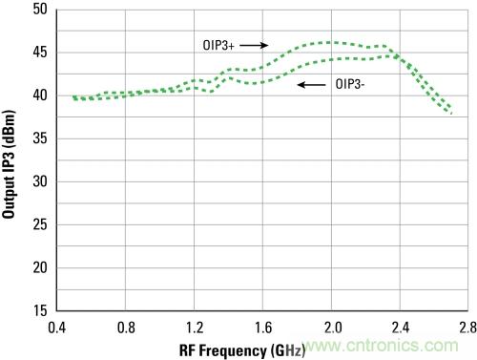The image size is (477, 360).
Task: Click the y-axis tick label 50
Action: pyautogui.click(x=40, y=9)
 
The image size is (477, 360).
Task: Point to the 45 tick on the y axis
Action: pyautogui.click(x=40, y=53)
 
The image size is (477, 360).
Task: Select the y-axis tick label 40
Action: pyautogui.click(x=40, y=95)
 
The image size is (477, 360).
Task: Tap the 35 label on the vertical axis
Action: pyautogui.click(x=40, y=138)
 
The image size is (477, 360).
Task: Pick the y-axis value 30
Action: pyautogui.click(x=40, y=181)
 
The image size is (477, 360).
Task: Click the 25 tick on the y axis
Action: pyautogui.click(x=40, y=224)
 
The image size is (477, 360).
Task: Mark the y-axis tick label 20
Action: pyautogui.click(x=40, y=267)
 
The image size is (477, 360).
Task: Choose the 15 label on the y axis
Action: pyautogui.click(x=40, y=310)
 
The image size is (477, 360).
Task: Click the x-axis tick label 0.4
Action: pyautogui.click(x=57, y=328)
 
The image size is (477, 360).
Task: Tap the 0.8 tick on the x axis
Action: pyautogui.click(x=126, y=328)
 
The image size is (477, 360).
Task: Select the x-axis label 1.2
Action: pyautogui.click(x=195, y=328)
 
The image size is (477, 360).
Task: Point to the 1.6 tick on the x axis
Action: pyautogui.click(x=263, y=328)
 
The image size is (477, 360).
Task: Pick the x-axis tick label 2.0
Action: pyautogui.click(x=333, y=328)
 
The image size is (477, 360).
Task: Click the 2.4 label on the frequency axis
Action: pyautogui.click(x=401, y=328)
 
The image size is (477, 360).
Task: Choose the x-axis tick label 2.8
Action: pyautogui.click(x=468, y=328)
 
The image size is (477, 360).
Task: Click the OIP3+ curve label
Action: pyautogui.click(x=218, y=46)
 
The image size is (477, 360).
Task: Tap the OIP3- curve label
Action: pyautogui.click(x=350, y=84)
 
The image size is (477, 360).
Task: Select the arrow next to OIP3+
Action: pyautogui.click(x=254, y=45)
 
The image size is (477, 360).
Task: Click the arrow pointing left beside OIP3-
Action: pyautogui.click(x=312, y=85)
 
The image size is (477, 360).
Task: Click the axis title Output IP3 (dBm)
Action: pyautogui.click(x=9, y=164)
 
